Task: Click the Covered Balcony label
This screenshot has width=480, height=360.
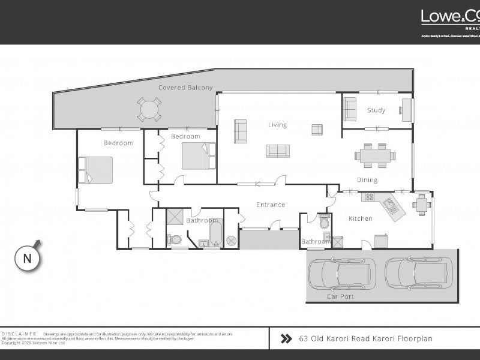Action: point(185,88)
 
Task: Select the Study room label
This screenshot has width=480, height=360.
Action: point(376,110)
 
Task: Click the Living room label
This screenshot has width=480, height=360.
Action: point(277,125)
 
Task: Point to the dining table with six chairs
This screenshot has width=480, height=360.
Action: point(376,155)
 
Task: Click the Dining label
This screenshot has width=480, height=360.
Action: point(367,180)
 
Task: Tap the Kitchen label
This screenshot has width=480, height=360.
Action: point(361,218)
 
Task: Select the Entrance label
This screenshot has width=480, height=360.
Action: point(271,205)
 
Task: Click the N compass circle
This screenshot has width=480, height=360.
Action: point(27,259)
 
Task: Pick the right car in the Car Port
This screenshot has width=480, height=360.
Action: point(413,273)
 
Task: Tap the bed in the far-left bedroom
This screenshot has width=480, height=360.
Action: point(96,170)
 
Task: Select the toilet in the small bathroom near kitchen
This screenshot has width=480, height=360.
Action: point(325,223)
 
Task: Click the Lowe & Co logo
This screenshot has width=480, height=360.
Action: point(450,17)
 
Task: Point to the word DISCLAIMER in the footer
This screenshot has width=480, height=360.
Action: point(19,334)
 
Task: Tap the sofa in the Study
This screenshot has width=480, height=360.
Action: point(350,109)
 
